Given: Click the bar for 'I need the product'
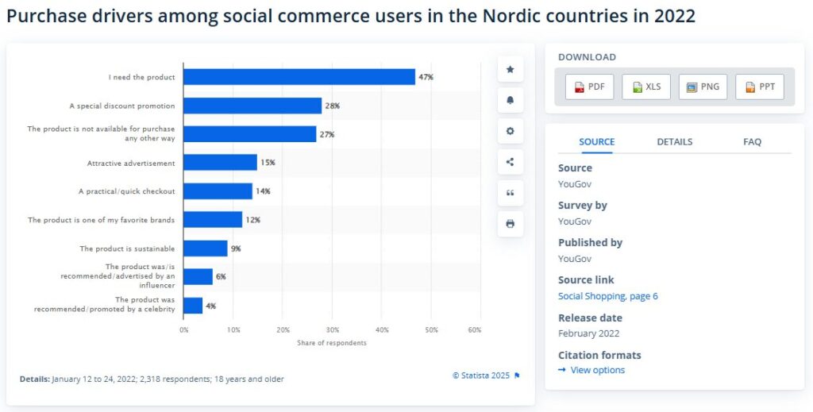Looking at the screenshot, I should coord(299,77).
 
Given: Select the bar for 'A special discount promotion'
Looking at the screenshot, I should coord(252,106).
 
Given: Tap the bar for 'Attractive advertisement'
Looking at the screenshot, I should coord(220,163).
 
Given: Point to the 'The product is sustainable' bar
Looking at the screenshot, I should coord(206,248).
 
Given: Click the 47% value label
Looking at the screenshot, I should coord(426,77).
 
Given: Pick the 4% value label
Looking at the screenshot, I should coord(210,306).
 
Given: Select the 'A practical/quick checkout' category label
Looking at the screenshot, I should coord(125,191).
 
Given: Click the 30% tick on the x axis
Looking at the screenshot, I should coord(333,329).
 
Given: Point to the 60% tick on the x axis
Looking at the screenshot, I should coord(475,329).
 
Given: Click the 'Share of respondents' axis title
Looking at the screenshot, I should coord(332,343).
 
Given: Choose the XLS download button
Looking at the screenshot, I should coord(646,87).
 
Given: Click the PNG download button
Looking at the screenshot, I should coord(703,87).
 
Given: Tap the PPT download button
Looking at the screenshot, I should coord(760,87).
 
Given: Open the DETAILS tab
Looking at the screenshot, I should coord(674,141).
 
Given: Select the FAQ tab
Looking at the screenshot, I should coord(752,141).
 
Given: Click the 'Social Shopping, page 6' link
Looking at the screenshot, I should coord(607,296).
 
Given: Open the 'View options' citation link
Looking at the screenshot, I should coord(597,370).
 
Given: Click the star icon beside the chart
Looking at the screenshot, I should coord(510,70).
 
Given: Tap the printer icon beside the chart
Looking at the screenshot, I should coord(510,224).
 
